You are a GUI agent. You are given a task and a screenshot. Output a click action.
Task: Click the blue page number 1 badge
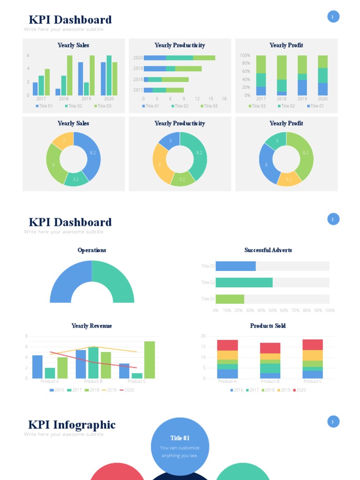(x=333, y=17)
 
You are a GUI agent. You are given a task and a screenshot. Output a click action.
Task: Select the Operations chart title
(x=92, y=250)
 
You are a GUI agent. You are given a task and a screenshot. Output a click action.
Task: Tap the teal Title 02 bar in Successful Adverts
(x=244, y=282)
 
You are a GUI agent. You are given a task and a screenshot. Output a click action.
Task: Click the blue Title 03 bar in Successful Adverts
(x=235, y=266)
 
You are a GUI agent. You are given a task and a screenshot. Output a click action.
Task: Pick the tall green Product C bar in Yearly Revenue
(x=149, y=360)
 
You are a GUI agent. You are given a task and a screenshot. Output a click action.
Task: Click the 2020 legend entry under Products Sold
(x=298, y=390)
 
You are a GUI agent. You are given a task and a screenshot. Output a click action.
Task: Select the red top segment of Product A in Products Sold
(x=227, y=345)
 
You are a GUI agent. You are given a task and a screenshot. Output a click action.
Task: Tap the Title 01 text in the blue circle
(x=180, y=438)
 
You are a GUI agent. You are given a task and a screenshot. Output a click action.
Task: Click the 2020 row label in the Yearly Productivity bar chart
(x=138, y=58)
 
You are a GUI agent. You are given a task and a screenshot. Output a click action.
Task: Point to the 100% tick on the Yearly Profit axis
(x=245, y=55)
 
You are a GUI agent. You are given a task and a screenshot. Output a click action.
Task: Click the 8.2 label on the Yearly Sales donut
(x=93, y=153)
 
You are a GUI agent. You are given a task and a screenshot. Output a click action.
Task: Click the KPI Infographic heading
(x=72, y=425)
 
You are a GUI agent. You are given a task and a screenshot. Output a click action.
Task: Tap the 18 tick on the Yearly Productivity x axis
(x=224, y=99)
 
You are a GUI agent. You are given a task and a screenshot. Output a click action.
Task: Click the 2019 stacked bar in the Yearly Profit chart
(x=302, y=75)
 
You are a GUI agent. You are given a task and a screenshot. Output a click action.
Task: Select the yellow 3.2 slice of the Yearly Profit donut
(x=289, y=179)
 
